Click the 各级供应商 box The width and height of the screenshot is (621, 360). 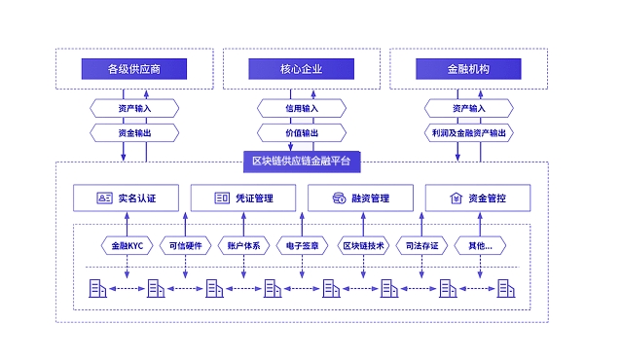pyautogui.click(x=133, y=69)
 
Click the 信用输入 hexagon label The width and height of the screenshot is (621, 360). pyautogui.click(x=301, y=108)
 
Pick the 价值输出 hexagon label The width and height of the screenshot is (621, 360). pyautogui.click(x=301, y=131)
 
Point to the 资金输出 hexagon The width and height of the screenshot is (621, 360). pyautogui.click(x=133, y=131)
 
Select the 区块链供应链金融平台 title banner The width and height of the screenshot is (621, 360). pyautogui.click(x=301, y=160)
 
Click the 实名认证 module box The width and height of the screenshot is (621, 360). pyautogui.click(x=126, y=198)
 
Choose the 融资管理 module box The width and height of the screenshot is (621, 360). pyautogui.click(x=360, y=198)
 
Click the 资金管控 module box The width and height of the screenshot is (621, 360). pyautogui.click(x=477, y=198)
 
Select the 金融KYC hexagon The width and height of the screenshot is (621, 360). pyautogui.click(x=126, y=246)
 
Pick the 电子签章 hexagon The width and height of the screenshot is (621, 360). pyautogui.click(x=301, y=246)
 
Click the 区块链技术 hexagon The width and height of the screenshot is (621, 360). pyautogui.click(x=365, y=246)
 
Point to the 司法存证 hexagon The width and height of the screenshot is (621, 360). pyautogui.click(x=422, y=246)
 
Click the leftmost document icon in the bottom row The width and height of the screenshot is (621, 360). pyautogui.click(x=96, y=288)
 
